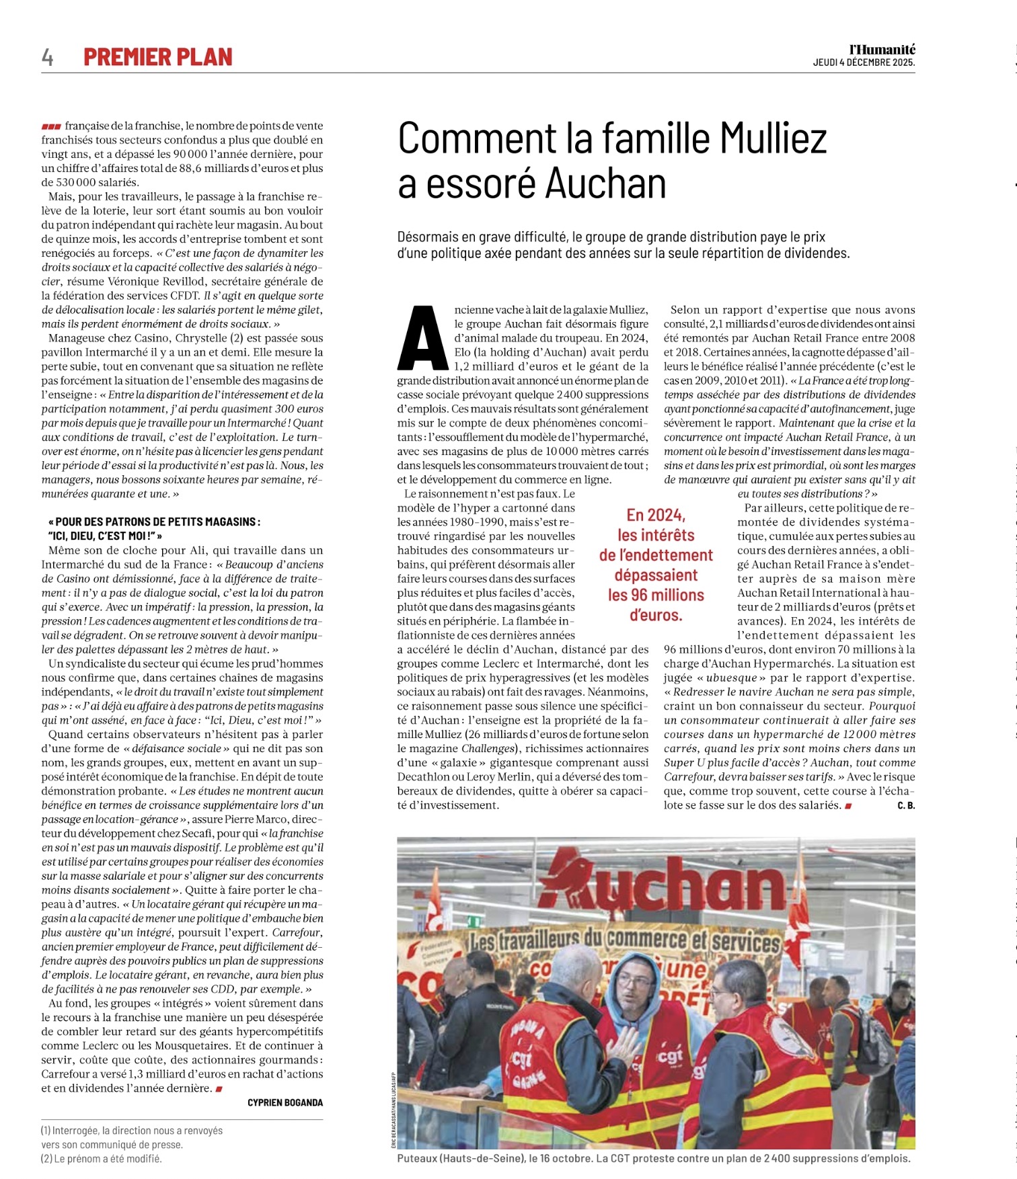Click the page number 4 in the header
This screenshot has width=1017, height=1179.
pyautogui.click(x=47, y=58)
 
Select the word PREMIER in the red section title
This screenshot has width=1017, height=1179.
pyautogui.click(x=124, y=58)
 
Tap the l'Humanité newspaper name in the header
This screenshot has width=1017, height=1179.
pyautogui.click(x=882, y=50)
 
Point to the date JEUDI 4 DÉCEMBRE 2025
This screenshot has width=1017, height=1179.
pyautogui.click(x=864, y=63)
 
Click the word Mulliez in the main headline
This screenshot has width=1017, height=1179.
pyautogui.click(x=774, y=138)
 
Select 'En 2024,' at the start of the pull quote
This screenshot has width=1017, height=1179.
pyautogui.click(x=656, y=516)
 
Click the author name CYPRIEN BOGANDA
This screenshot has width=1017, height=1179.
pyautogui.click(x=285, y=1102)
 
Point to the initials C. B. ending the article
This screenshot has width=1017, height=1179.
pyautogui.click(x=906, y=805)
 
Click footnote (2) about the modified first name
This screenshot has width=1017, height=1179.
pyautogui.click(x=101, y=1158)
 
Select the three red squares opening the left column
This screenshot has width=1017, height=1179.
pyautogui.click(x=51, y=126)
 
